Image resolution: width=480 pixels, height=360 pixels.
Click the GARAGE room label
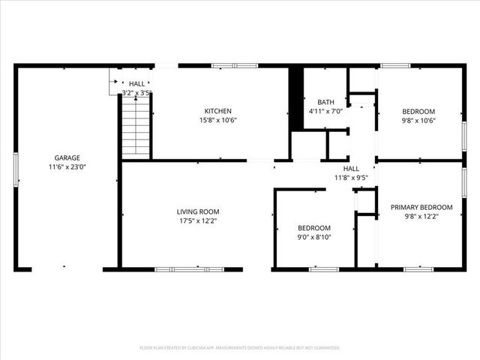[67, 158]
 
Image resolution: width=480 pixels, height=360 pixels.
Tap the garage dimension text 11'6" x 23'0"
[67, 169]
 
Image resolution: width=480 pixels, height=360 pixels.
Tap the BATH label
[325, 102]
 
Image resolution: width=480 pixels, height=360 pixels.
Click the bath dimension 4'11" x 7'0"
[325, 112]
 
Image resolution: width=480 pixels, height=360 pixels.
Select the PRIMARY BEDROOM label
[421, 207]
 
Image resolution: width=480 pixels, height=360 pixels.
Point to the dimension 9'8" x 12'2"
[421, 217]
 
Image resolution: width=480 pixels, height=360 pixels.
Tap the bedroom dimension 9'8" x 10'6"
[418, 120]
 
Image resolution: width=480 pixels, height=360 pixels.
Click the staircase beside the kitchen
[136, 128]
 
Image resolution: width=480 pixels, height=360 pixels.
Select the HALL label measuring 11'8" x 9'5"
[351, 169]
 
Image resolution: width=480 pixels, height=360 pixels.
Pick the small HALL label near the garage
[137, 84]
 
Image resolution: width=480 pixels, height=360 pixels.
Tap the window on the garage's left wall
[15, 170]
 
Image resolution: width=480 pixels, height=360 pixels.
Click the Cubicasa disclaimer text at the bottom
[240, 348]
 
